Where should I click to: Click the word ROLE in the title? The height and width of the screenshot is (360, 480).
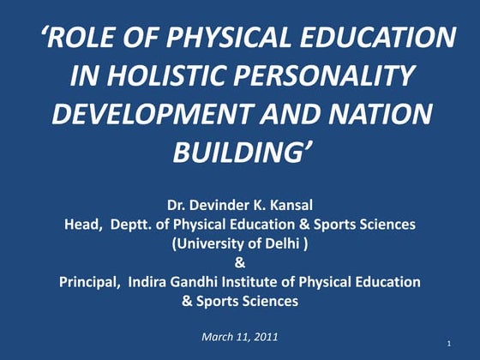[88, 39]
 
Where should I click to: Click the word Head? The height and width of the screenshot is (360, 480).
[82, 224]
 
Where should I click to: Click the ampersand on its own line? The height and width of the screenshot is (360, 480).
[239, 262]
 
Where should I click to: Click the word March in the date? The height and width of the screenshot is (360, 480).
[219, 335]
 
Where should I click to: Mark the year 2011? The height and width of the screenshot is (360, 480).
[263, 335]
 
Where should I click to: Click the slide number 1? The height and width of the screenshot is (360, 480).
[449, 344]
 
